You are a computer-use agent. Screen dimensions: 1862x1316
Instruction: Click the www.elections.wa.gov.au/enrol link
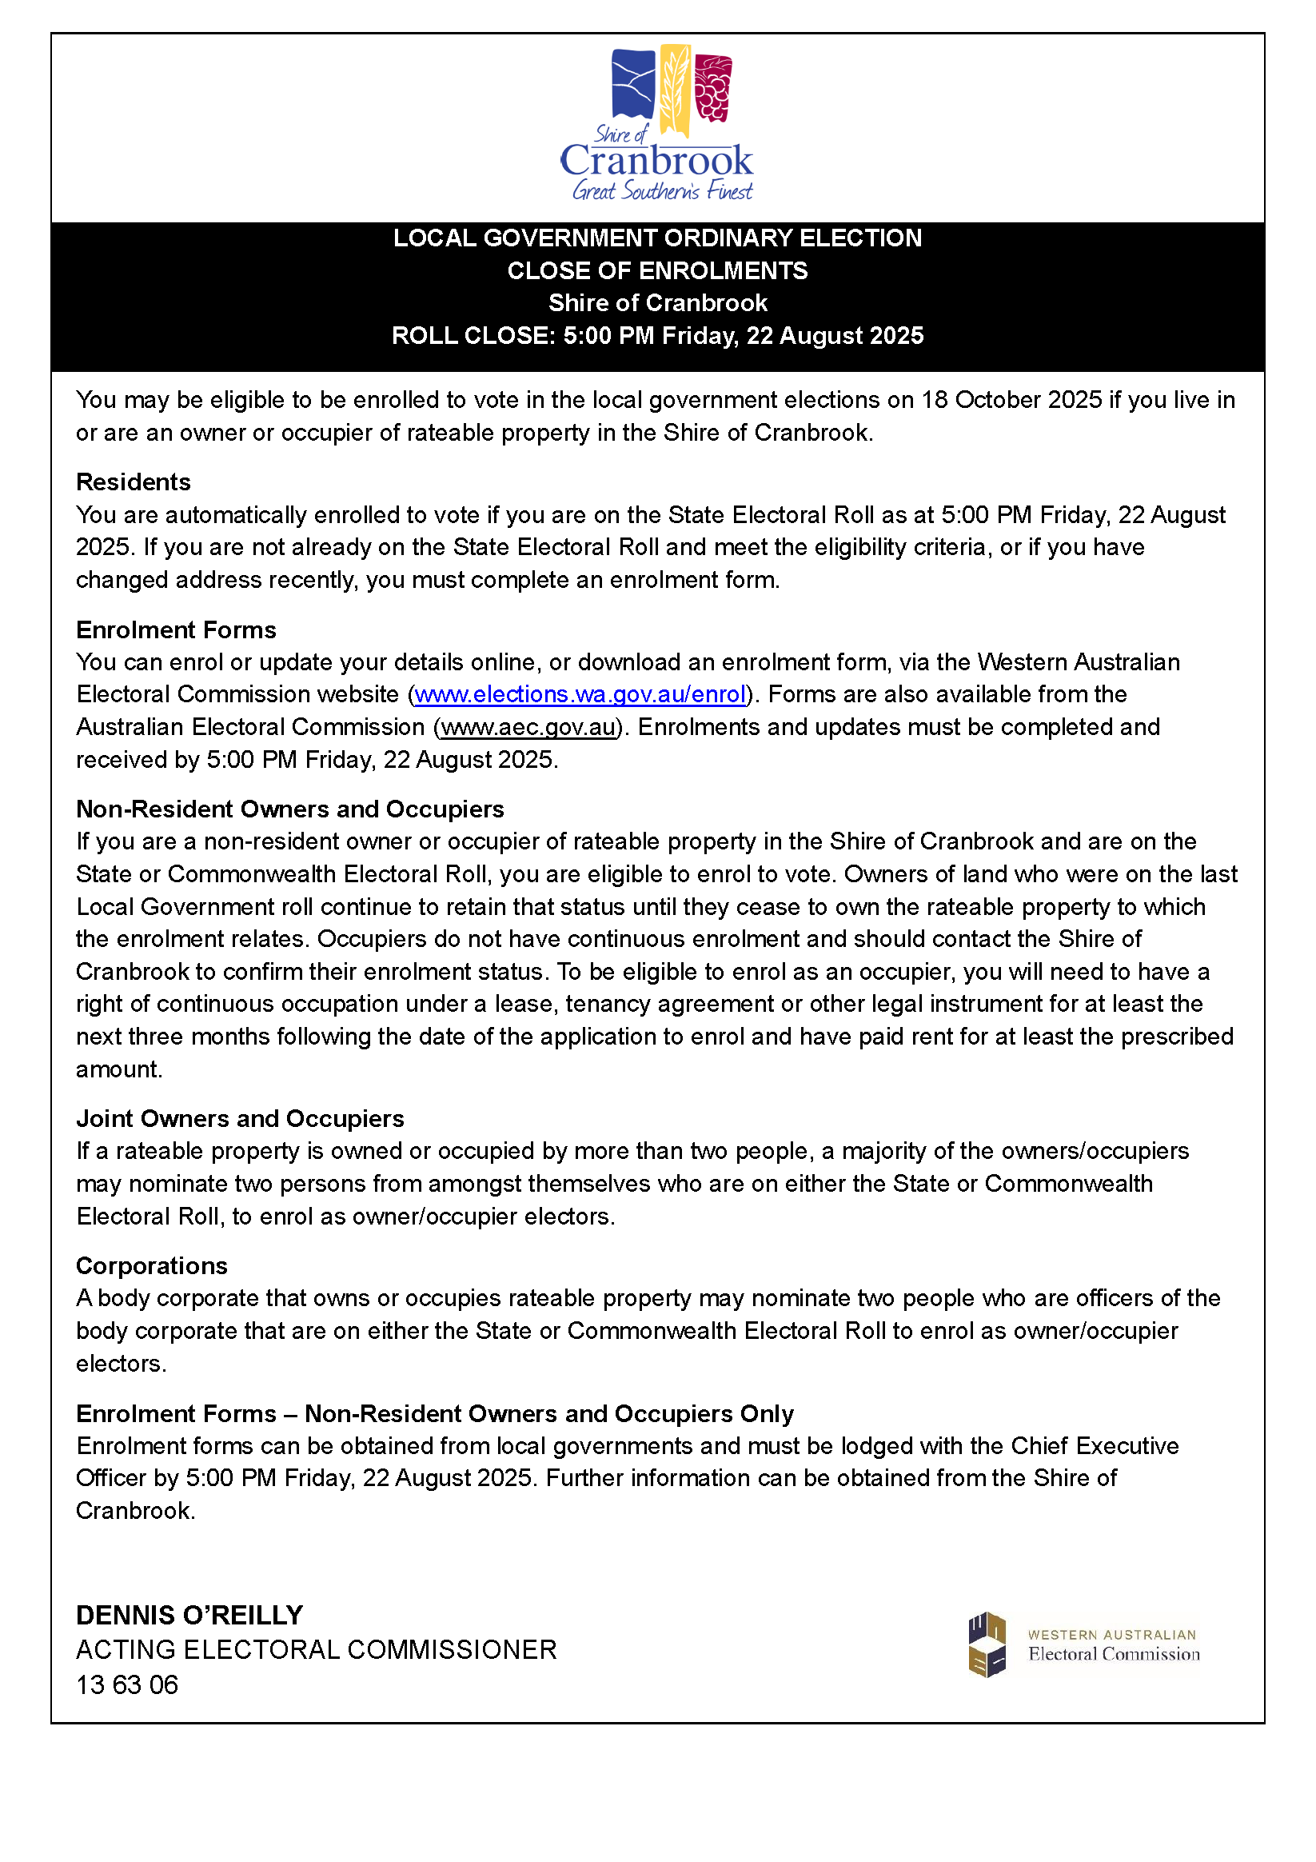point(580,694)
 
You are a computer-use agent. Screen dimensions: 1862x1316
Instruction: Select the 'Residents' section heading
point(133,481)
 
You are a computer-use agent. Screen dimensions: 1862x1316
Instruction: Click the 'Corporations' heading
point(152,1265)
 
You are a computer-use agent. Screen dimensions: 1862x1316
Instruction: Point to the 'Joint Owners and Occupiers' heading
point(240,1118)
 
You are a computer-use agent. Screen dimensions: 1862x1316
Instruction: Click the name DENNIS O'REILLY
point(189,1615)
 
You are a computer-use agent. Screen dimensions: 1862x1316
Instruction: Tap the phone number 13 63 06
point(127,1684)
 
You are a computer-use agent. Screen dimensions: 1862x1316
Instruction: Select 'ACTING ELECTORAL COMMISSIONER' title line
point(317,1649)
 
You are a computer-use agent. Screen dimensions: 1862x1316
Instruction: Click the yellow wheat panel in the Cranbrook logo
point(675,90)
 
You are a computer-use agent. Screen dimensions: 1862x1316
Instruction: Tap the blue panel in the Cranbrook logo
point(633,85)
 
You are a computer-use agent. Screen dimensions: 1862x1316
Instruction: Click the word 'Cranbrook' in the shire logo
point(656,161)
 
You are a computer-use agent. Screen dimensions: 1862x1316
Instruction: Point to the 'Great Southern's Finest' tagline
point(663,191)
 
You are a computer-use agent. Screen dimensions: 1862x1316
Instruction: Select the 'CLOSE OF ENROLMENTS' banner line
point(657,270)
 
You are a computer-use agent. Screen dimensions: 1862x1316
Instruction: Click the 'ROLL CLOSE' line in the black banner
point(657,335)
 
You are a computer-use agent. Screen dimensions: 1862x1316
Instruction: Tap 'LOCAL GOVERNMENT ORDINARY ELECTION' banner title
point(657,238)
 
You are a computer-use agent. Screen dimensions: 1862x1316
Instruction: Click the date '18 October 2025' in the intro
point(1011,400)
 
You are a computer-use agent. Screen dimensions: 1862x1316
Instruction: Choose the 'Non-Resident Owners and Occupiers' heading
point(289,809)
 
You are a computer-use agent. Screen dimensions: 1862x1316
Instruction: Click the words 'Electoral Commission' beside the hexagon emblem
point(1113,1654)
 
